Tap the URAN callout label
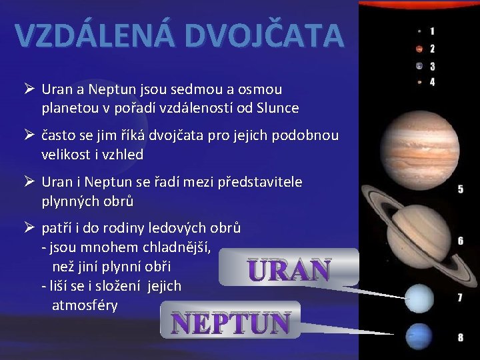pyautogui.click(x=289, y=270)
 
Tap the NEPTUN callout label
pyautogui.click(x=231, y=323)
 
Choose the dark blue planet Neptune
pyautogui.click(x=419, y=335)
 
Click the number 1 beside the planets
pyautogui.click(x=432, y=31)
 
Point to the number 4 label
pyautogui.click(x=432, y=82)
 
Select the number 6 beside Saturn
pyautogui.click(x=460, y=240)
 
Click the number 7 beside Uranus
pyautogui.click(x=460, y=298)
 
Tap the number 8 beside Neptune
pyautogui.click(x=460, y=337)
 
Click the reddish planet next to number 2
pyautogui.click(x=419, y=48)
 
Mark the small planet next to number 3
pyautogui.click(x=419, y=65)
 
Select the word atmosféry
pyautogui.click(x=85, y=305)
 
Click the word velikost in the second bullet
pyautogui.click(x=66, y=155)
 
